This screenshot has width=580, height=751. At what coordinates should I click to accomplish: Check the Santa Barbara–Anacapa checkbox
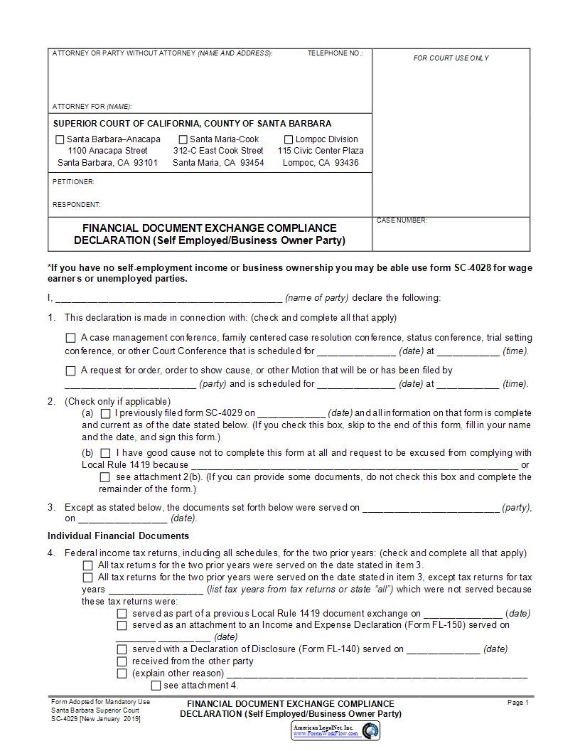(60, 139)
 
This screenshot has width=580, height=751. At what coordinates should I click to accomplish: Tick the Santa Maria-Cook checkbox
(183, 139)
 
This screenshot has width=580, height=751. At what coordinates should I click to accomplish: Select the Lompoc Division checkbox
(289, 139)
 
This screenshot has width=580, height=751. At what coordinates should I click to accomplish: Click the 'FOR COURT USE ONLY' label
(451, 58)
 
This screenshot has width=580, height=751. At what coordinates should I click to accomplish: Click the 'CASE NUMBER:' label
(402, 220)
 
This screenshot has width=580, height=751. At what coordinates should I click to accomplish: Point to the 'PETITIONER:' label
(73, 182)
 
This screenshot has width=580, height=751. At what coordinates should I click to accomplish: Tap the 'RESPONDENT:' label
(77, 205)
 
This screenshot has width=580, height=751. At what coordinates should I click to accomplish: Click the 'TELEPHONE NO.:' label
(335, 53)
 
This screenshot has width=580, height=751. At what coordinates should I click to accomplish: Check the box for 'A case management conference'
(70, 339)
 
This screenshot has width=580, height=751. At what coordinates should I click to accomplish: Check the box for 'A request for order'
(70, 371)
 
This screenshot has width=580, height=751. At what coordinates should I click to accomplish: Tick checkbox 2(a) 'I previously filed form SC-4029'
(105, 413)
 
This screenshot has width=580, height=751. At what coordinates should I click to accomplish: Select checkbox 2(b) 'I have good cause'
(105, 453)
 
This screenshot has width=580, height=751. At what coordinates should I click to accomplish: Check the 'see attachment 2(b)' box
(105, 477)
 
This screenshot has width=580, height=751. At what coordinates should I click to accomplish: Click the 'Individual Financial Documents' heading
(118, 536)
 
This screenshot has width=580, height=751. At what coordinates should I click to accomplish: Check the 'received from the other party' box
(122, 661)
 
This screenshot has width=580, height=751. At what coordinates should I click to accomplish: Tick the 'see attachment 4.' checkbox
(156, 686)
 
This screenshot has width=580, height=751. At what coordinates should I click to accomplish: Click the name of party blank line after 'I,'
(168, 298)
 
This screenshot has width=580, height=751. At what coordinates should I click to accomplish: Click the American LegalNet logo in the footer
(336, 730)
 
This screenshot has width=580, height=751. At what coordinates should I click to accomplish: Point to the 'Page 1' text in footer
(518, 703)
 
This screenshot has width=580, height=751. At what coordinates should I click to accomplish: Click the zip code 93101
(145, 163)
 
